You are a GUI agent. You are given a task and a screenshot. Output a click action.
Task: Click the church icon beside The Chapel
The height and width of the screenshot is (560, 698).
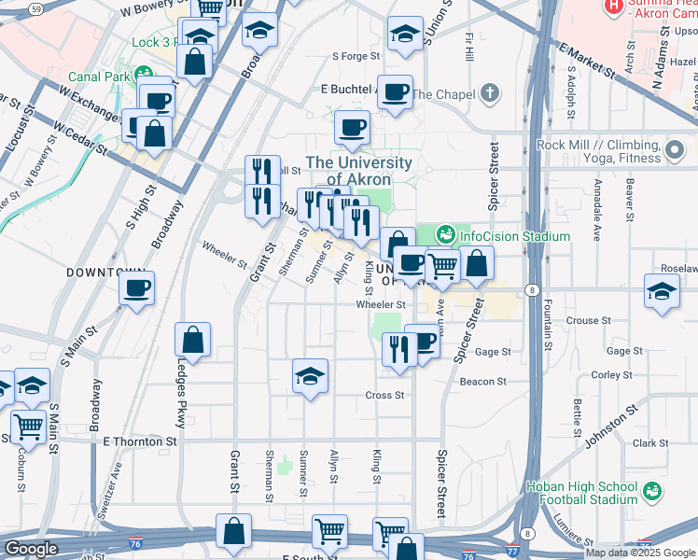pyautogui.click(x=491, y=94)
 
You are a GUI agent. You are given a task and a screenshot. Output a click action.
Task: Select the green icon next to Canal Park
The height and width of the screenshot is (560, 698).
pyautogui.click(x=143, y=75)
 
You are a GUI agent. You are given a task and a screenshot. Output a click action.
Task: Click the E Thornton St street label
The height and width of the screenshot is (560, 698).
pyautogui.click(x=140, y=441)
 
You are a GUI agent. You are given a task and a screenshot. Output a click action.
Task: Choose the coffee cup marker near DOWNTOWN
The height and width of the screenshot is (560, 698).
pyautogui.click(x=137, y=287)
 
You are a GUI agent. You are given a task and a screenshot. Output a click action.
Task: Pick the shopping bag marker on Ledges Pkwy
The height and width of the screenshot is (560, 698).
pyautogui.click(x=192, y=341)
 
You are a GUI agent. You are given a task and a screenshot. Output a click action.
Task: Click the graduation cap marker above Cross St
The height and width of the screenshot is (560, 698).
pyautogui.click(x=310, y=376)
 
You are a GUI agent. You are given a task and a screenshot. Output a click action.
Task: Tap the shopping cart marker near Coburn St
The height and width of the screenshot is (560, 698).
pyautogui.click(x=29, y=427)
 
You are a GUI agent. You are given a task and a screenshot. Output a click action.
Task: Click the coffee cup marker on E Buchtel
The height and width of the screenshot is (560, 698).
pyautogui.click(x=396, y=91)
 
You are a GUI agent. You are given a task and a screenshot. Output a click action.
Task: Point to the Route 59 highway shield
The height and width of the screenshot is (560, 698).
pyautogui.click(x=35, y=8)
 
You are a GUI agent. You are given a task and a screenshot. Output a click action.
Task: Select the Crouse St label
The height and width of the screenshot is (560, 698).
pyautogui.click(x=588, y=320)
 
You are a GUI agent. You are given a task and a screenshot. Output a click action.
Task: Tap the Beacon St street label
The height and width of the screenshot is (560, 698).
pyautogui.click(x=482, y=382)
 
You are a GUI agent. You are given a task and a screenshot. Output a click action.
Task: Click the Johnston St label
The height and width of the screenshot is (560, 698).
pyautogui.click(x=611, y=425)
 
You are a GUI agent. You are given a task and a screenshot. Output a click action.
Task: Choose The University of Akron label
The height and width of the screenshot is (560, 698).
pyautogui.click(x=358, y=171)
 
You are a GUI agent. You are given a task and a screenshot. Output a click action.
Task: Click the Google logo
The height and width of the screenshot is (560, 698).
pyautogui.click(x=31, y=548)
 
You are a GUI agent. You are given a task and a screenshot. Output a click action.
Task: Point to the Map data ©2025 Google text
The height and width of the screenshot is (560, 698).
pyautogui.click(x=639, y=553)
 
